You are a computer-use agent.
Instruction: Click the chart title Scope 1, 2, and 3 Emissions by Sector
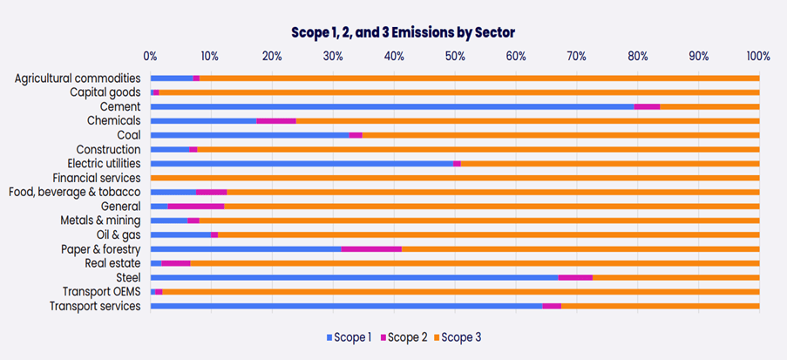point(403,31)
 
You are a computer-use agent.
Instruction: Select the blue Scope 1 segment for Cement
point(392,106)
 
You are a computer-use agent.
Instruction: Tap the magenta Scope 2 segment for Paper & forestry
point(371,248)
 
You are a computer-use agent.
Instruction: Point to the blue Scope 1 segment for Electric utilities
point(302,163)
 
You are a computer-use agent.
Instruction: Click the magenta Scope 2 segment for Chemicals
point(276,120)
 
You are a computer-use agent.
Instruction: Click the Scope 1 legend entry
point(349,336)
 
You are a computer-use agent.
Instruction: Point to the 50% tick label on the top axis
point(454,56)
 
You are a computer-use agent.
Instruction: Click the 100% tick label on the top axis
point(758,56)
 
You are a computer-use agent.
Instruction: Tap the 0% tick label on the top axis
point(151,56)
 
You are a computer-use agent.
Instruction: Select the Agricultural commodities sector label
point(78,78)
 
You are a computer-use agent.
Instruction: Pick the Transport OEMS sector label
point(101,291)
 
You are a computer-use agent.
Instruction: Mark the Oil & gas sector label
point(119,234)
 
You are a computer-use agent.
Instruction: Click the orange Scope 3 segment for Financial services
point(454,178)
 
